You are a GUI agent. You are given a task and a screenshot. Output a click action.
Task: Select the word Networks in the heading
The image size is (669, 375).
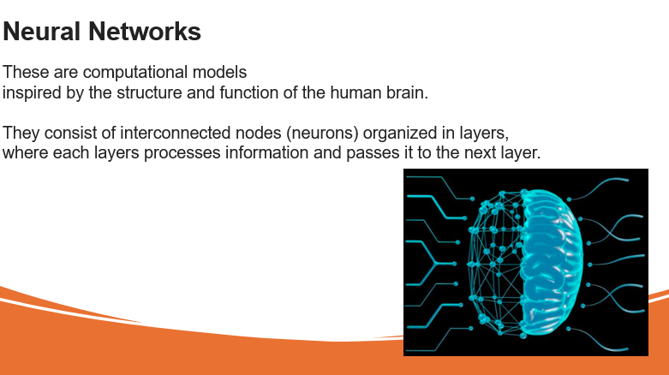(x=145, y=32)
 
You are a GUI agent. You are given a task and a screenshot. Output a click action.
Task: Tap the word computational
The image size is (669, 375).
(x=135, y=73)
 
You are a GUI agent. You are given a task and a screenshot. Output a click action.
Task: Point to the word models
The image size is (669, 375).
(x=220, y=72)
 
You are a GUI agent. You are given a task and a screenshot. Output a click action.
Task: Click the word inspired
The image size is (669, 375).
(x=32, y=93)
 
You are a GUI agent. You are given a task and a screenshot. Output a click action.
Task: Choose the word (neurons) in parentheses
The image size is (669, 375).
(x=322, y=134)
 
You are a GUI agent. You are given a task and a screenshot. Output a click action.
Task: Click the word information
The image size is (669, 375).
(x=266, y=152)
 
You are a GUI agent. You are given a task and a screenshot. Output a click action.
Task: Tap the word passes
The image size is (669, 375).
(x=373, y=153)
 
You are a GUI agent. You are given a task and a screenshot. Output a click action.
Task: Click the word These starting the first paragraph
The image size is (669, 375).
(x=26, y=72)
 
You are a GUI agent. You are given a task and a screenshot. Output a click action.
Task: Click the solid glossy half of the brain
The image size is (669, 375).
(x=552, y=262)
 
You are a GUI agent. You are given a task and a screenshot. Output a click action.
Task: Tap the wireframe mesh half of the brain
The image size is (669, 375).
(x=496, y=263)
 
